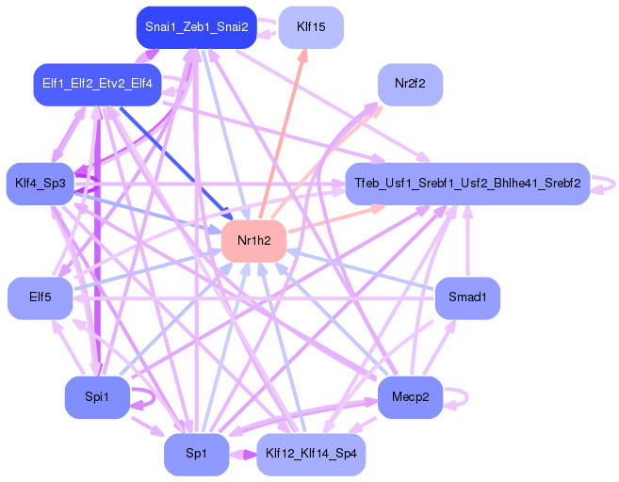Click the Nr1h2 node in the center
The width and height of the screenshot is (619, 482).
(x=253, y=242)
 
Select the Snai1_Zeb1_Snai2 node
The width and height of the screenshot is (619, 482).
(x=196, y=27)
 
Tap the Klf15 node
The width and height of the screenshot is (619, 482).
(x=311, y=27)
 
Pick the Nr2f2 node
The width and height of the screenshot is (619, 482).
(x=410, y=84)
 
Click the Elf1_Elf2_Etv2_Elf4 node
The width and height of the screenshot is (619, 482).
(x=97, y=85)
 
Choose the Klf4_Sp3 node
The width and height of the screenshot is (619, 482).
(x=40, y=183)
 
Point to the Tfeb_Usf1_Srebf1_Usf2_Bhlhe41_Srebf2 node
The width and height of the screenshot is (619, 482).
(x=466, y=183)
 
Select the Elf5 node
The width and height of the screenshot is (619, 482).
(x=40, y=298)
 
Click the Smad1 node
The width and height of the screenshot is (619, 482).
(x=467, y=298)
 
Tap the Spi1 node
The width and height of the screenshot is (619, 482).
(x=96, y=397)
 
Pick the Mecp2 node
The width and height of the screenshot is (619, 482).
(x=410, y=397)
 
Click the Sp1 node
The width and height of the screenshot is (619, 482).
(x=196, y=455)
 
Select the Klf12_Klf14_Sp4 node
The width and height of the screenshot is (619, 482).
(x=310, y=455)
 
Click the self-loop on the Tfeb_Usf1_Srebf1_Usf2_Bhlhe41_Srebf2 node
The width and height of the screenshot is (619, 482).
(x=604, y=183)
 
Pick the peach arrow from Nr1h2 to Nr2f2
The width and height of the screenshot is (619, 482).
(x=330, y=160)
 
